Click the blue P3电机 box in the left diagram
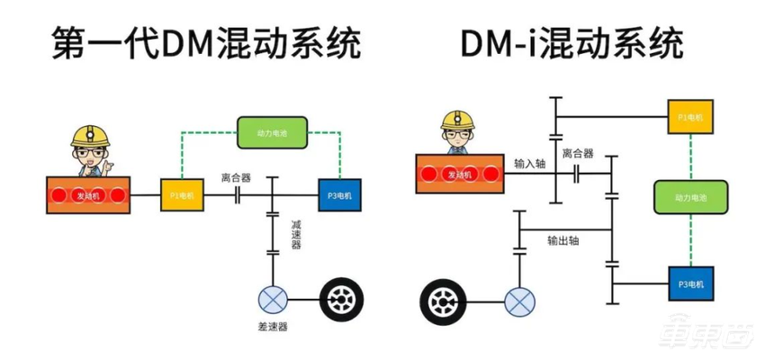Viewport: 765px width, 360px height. point(339,194)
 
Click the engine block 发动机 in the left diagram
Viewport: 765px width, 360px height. point(90,194)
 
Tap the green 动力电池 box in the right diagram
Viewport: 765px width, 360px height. point(689,195)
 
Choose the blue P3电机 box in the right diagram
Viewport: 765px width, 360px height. point(689,284)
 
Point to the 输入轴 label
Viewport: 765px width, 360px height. point(529,165)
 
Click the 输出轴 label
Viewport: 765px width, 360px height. point(563,240)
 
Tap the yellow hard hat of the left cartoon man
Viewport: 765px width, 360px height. point(91,134)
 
